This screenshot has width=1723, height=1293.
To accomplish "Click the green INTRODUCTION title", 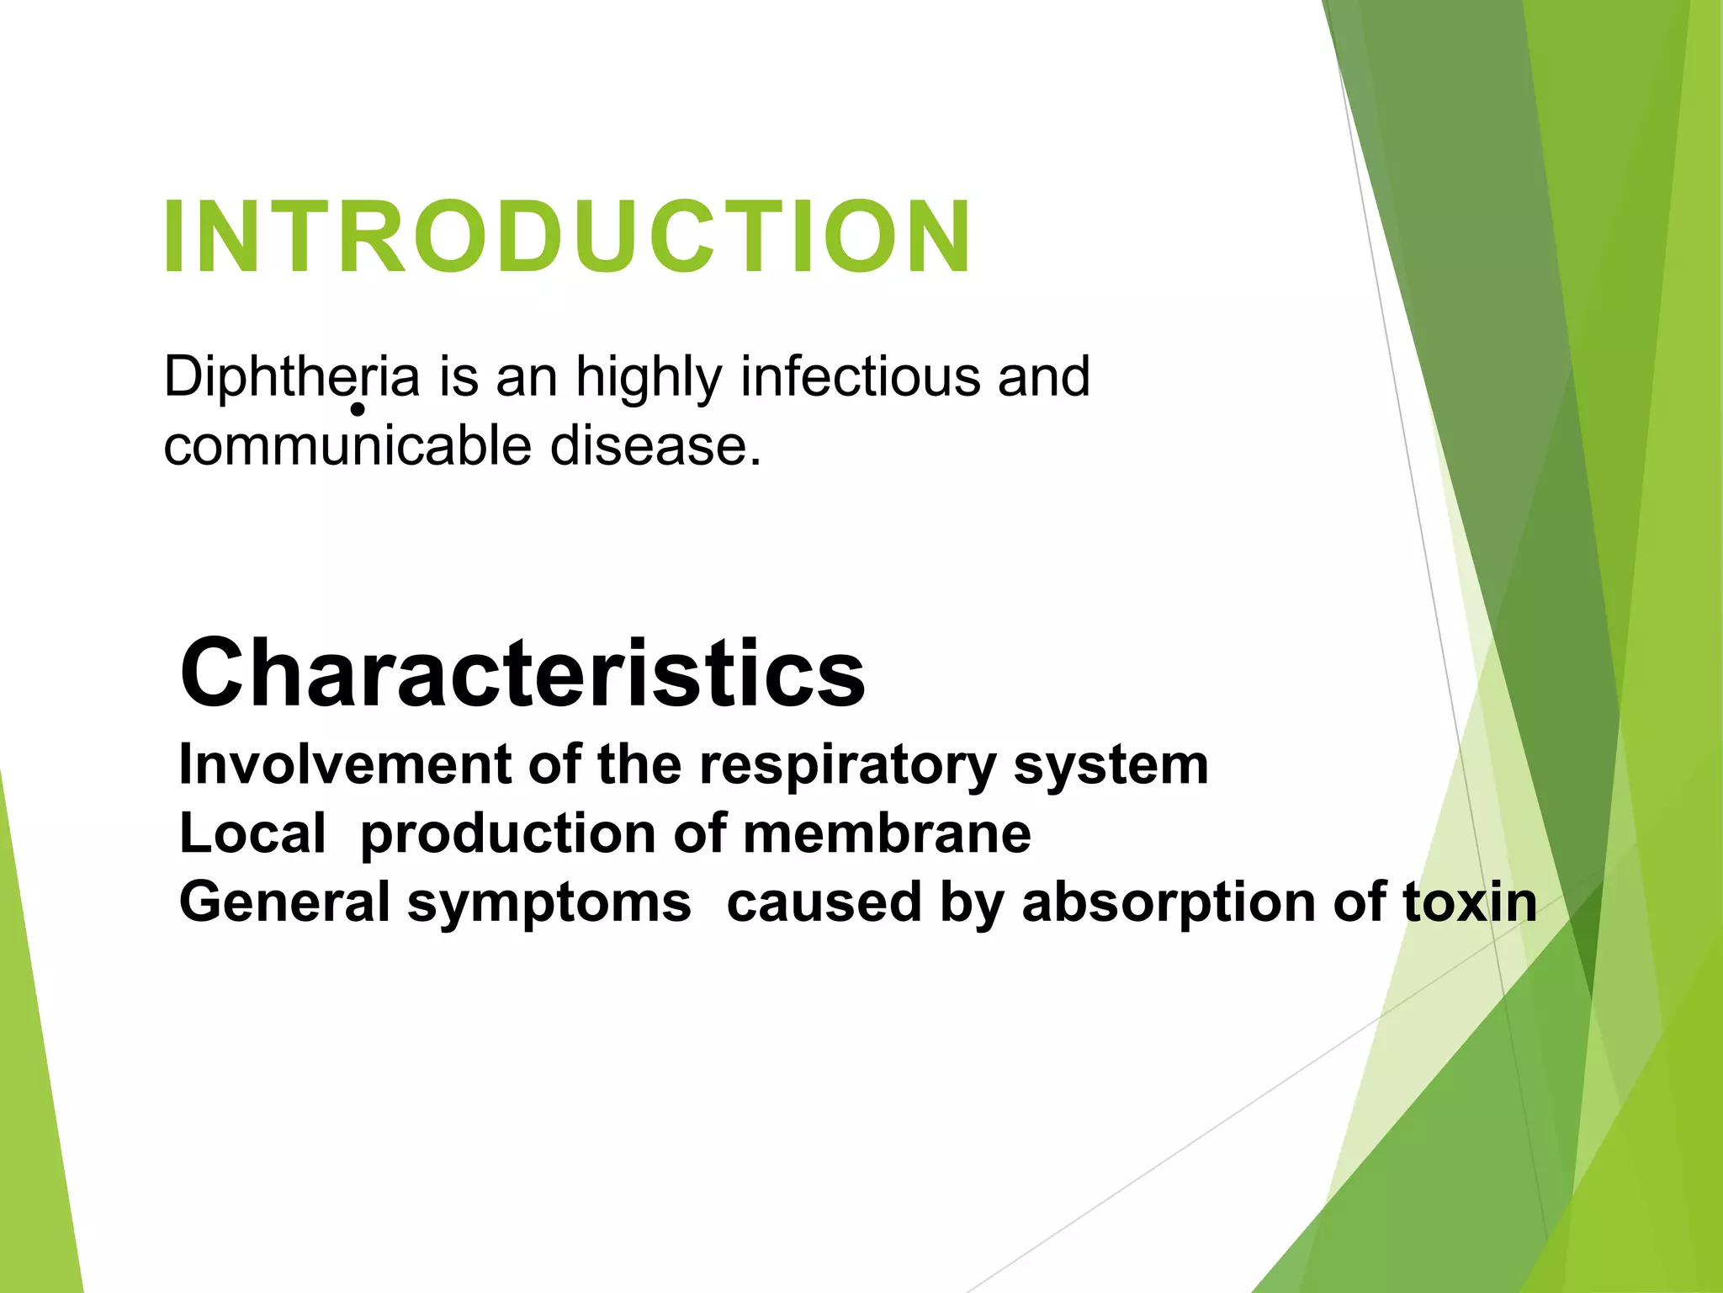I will (x=568, y=237).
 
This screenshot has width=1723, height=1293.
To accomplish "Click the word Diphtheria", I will (x=291, y=377).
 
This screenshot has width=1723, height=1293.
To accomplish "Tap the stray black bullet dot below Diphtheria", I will (x=358, y=410).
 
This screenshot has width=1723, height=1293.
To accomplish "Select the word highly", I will (x=649, y=377).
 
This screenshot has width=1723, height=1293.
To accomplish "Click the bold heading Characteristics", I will (x=522, y=673).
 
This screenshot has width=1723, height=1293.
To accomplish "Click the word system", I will (x=1111, y=766).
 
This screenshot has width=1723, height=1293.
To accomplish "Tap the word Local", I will (x=252, y=833).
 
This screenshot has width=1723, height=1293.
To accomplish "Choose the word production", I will (x=507, y=835).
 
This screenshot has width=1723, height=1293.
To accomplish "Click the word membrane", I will (x=887, y=833).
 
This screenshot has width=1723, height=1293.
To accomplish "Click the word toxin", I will (x=1469, y=902).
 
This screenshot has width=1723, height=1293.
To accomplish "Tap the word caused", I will (x=824, y=902).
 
